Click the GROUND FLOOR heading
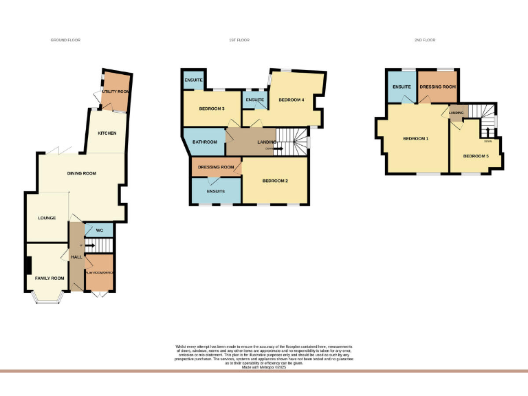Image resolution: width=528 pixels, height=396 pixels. tap(65, 41)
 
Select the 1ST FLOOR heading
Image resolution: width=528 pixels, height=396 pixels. tap(239, 41)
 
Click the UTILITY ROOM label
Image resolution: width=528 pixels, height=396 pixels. tap(115, 91)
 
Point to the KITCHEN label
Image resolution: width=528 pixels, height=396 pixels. tap(107, 133)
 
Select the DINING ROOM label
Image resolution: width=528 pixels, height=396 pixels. tap(80, 173)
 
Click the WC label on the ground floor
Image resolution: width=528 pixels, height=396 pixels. tap(100, 230)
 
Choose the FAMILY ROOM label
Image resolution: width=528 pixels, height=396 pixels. tap(49, 278)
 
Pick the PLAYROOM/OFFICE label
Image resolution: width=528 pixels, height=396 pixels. tap(99, 271)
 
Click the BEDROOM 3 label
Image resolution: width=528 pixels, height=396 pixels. tap(212, 109)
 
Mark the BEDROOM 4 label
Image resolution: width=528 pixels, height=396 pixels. tap(291, 100)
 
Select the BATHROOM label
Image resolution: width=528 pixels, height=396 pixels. tap(204, 142)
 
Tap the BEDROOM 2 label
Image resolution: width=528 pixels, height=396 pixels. tap(274, 181)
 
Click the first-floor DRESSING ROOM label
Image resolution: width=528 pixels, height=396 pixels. tap(216, 167)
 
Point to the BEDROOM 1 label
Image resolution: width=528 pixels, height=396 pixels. tap(415, 139)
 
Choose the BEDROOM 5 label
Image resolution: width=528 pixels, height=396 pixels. tap(475, 156)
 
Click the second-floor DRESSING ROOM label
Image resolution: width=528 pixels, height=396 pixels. tap(439, 87)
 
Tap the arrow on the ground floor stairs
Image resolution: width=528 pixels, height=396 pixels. tap(89, 245)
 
